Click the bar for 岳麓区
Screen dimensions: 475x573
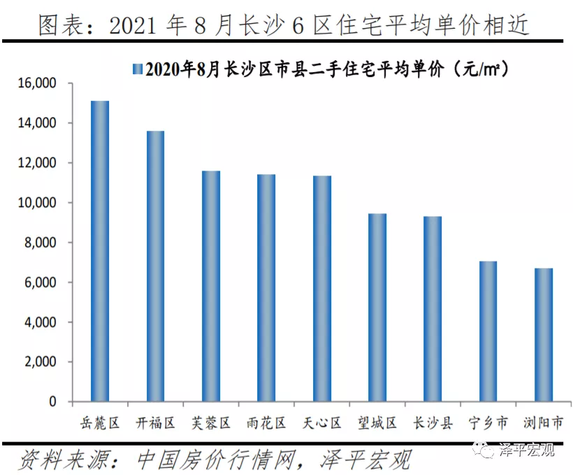pyautogui.click(x=100, y=252)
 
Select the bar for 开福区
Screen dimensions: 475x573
pyautogui.click(x=155, y=267)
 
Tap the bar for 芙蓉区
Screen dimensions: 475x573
pyautogui.click(x=211, y=287)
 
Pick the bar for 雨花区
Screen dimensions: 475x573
pyautogui.click(x=266, y=288)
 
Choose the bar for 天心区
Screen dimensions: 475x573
pyautogui.click(x=322, y=289)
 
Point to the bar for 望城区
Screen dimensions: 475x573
pyautogui.click(x=377, y=308)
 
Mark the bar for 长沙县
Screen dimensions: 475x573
pyautogui.click(x=433, y=309)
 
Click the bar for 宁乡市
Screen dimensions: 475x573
pyautogui.click(x=488, y=332)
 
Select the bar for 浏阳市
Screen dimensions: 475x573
pyautogui.click(x=544, y=335)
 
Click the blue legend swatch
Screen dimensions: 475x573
pyautogui.click(x=137, y=69)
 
